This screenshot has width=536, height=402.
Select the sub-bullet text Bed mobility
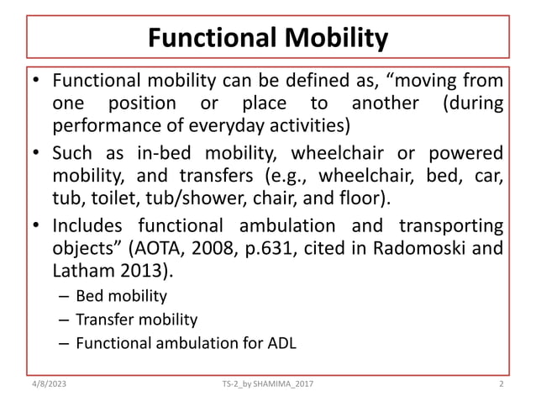121,296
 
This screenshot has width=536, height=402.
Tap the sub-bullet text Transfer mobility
136,320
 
